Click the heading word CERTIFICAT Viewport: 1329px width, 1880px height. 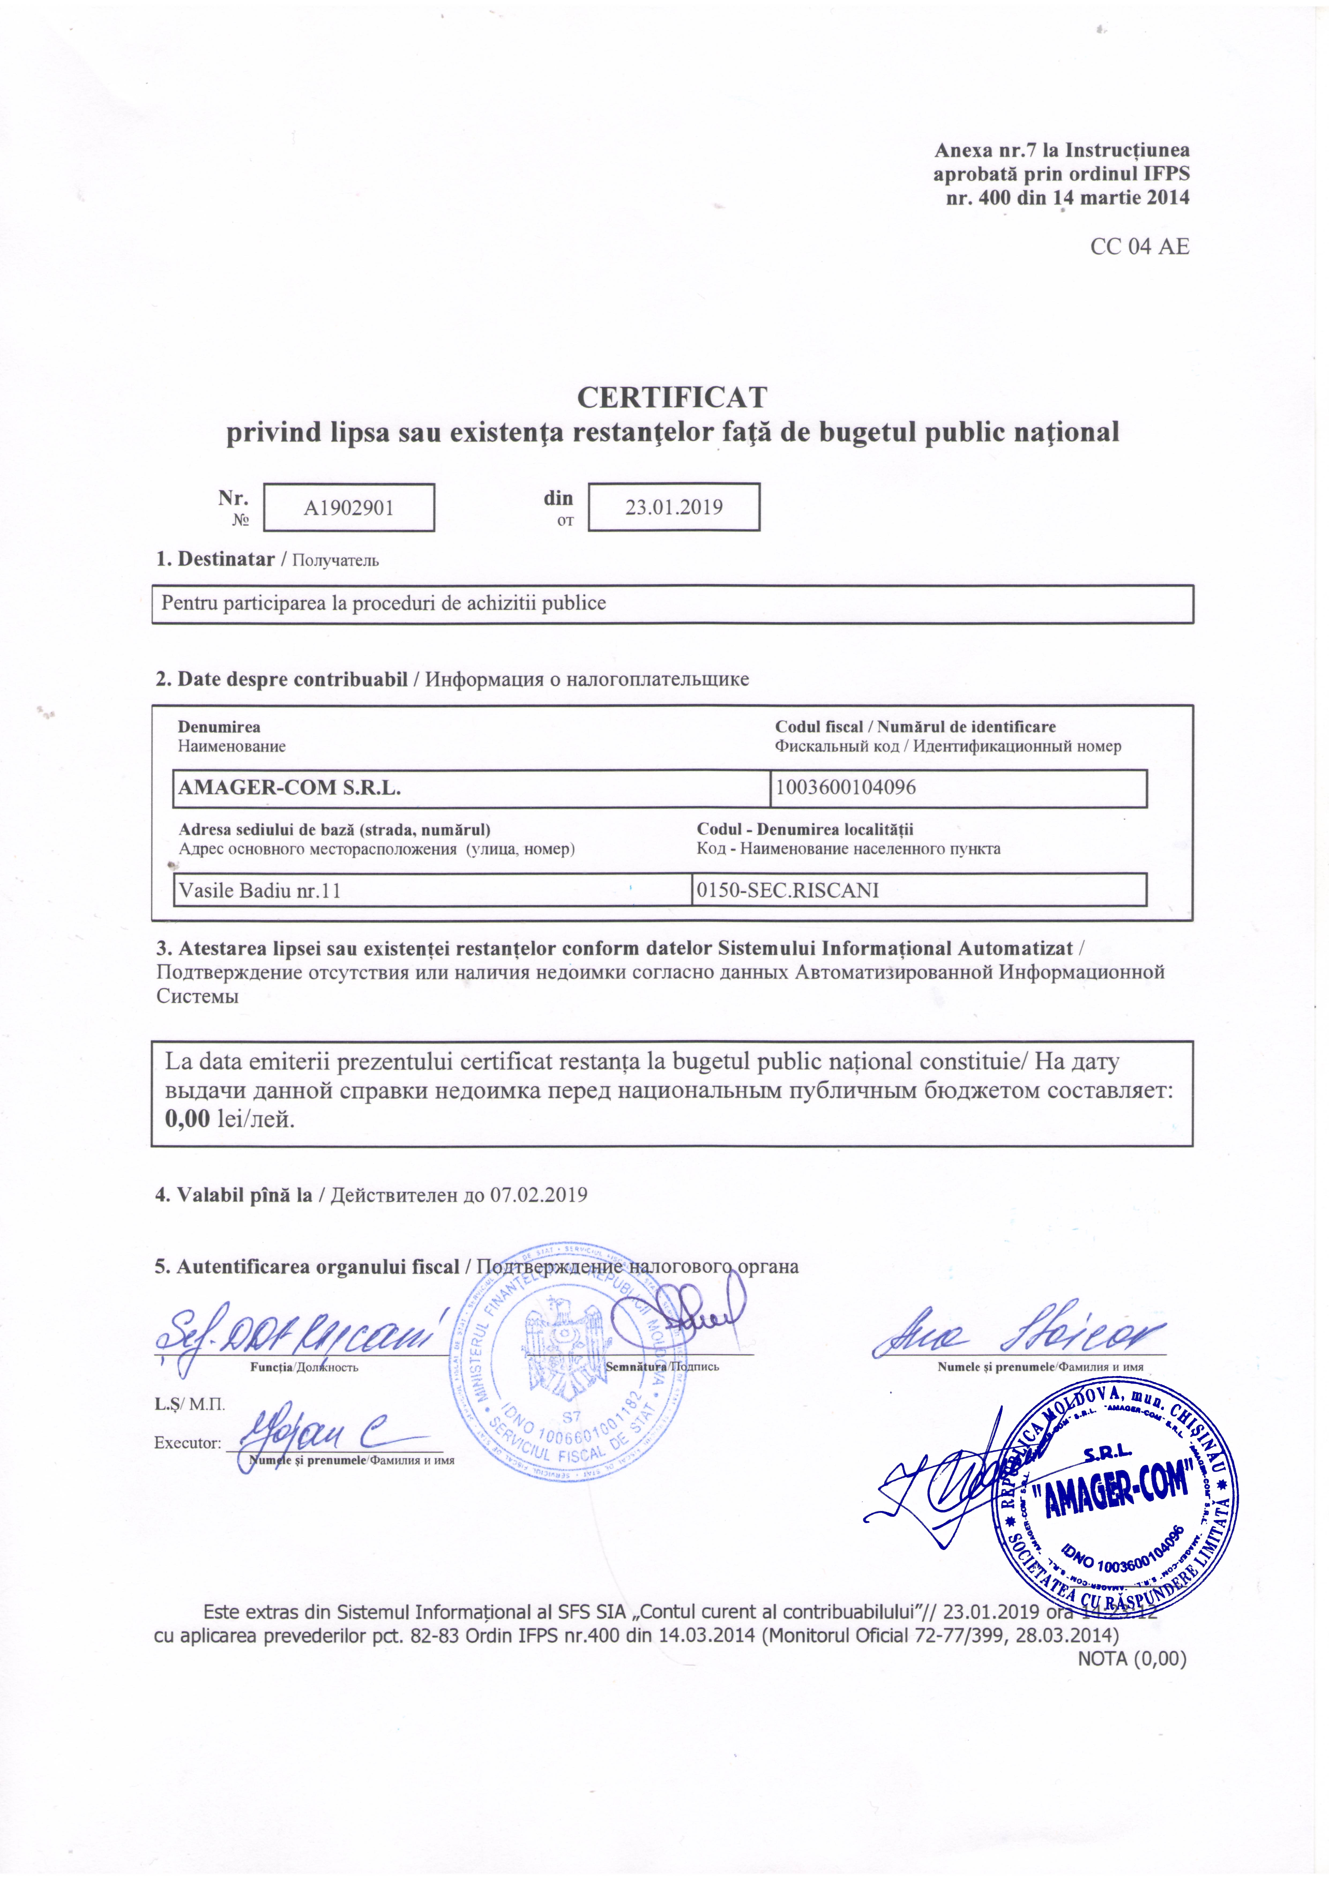click(671, 397)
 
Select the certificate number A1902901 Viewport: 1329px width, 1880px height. click(349, 508)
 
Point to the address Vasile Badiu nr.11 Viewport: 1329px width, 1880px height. click(259, 890)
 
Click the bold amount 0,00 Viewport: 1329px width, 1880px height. click(188, 1118)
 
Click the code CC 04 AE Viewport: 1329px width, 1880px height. click(1139, 247)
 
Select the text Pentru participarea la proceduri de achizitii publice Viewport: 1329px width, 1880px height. click(383, 603)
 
